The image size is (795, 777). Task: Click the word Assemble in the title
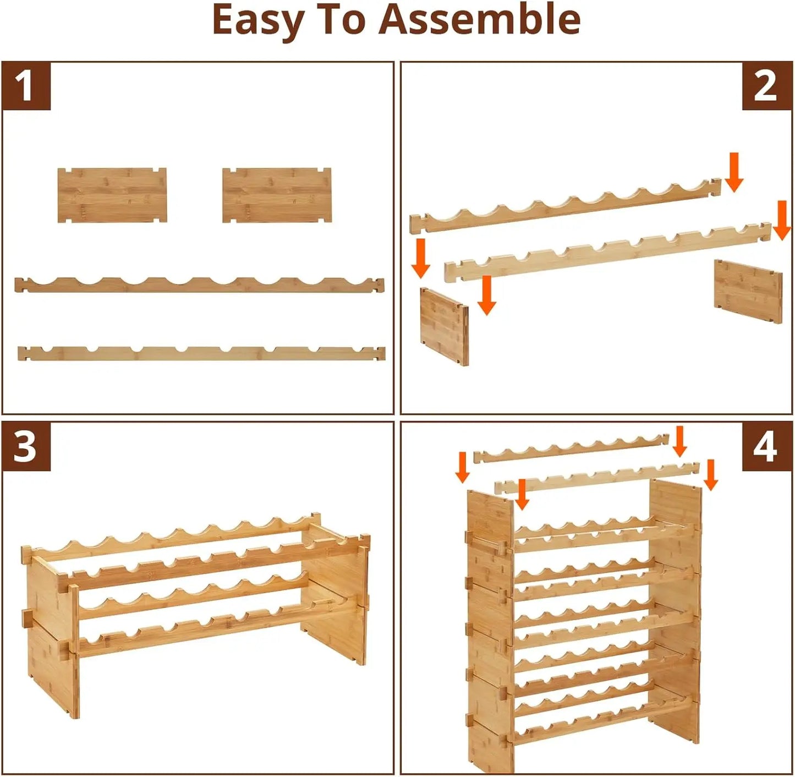click(x=479, y=19)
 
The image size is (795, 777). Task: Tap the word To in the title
click(x=344, y=19)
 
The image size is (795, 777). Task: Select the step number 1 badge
click(x=26, y=86)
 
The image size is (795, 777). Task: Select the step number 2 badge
click(x=766, y=86)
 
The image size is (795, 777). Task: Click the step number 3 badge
click(x=26, y=446)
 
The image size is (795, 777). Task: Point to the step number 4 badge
click(x=766, y=446)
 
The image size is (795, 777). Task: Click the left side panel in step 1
click(x=112, y=195)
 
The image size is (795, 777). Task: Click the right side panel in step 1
click(x=277, y=195)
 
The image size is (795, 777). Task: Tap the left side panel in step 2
click(x=444, y=326)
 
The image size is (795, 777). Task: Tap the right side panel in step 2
click(x=748, y=291)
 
